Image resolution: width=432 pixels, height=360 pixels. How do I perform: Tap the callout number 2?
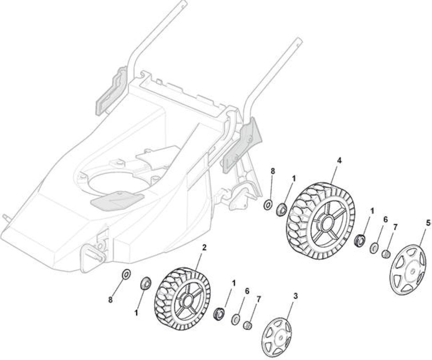204,247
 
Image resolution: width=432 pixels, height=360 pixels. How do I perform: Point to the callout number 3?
296,296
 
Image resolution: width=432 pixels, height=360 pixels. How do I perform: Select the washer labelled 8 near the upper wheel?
268,205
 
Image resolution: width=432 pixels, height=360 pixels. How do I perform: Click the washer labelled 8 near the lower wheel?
126,274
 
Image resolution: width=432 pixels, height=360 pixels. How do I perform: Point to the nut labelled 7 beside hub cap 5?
386,254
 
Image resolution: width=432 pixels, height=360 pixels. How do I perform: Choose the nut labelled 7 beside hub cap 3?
247,326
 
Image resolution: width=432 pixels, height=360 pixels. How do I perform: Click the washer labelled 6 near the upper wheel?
374,247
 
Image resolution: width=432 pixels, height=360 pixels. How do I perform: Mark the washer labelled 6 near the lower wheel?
235,320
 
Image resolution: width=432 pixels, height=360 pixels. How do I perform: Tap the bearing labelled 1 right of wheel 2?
219,314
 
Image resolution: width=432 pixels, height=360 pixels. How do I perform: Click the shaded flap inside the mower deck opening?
117,200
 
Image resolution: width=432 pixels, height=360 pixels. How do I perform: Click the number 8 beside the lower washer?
110,299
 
